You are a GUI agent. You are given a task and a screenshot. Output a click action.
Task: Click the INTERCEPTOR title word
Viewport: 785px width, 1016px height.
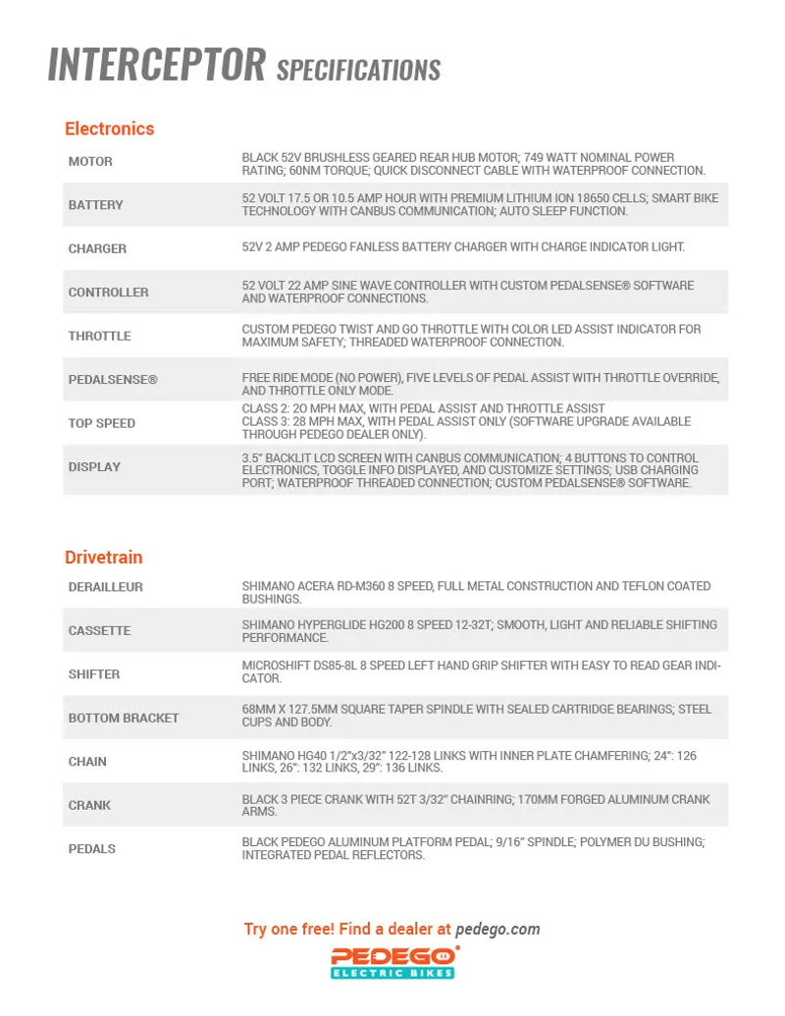point(157,65)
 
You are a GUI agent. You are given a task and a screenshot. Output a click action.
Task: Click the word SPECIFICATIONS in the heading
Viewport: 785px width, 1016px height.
point(358,71)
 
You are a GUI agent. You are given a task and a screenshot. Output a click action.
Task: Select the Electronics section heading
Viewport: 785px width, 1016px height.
point(109,129)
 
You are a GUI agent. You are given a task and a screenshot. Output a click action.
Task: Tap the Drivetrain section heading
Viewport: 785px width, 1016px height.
point(103,558)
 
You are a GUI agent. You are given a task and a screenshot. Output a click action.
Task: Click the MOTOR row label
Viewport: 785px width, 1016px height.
point(90,162)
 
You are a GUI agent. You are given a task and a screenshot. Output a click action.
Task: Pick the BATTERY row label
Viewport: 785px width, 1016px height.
point(95,205)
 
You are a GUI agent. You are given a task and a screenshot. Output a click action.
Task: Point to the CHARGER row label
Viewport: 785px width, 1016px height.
point(97,249)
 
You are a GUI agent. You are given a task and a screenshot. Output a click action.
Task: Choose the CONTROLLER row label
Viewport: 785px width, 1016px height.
point(108,293)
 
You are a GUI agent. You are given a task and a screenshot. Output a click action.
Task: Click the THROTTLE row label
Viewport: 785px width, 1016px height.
point(99,336)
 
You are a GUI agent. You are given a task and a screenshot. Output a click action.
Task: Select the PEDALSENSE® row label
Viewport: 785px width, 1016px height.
point(112,379)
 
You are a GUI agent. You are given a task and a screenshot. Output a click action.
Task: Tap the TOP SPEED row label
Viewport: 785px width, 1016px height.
point(101,423)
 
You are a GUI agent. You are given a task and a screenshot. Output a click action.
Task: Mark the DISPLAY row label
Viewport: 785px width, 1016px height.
point(94,467)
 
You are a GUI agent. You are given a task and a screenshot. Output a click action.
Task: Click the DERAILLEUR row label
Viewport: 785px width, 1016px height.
point(105,587)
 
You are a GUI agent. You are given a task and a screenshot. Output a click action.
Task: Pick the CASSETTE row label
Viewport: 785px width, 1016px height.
point(99,631)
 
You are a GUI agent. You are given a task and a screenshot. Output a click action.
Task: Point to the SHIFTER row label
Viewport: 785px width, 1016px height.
point(94,674)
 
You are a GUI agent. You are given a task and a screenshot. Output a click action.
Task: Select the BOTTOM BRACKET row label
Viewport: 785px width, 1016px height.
point(124,719)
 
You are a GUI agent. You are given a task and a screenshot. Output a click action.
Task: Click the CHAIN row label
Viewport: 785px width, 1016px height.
point(87,762)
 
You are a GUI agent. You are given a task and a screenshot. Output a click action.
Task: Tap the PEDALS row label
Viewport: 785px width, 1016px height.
point(91,849)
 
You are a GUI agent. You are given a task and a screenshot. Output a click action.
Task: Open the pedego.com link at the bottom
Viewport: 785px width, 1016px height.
point(497,929)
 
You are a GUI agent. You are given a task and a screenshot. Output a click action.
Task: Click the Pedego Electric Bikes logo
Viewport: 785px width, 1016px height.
point(392,962)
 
